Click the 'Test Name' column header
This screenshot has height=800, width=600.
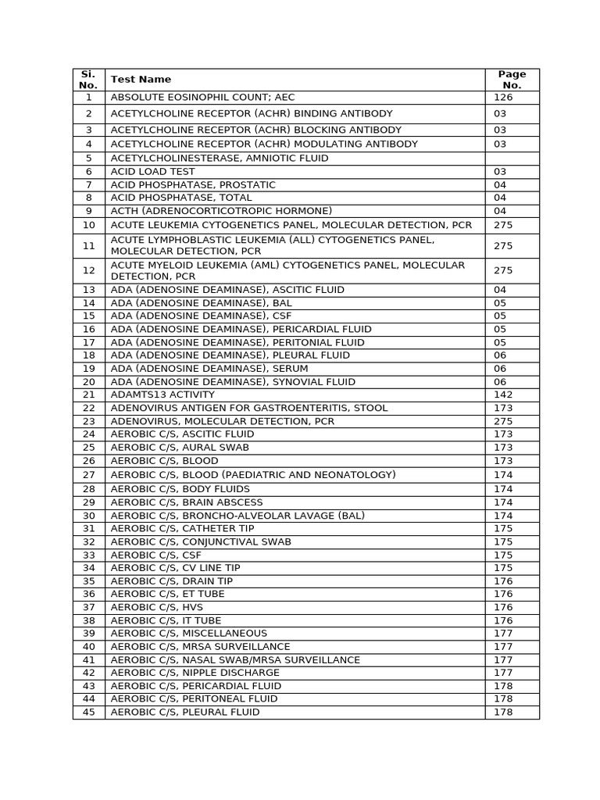click(141, 79)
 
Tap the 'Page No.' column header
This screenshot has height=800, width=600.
click(512, 79)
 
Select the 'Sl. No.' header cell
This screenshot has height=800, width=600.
click(88, 79)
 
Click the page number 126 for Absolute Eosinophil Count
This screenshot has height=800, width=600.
click(503, 98)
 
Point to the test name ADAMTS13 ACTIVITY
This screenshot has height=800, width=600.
click(162, 395)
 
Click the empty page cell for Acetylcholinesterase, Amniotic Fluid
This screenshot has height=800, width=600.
click(512, 158)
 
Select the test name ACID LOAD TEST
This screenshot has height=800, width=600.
click(153, 171)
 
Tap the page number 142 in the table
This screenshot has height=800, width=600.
click(503, 395)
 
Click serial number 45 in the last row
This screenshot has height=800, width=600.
click(88, 712)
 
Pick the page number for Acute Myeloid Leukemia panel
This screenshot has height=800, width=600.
click(503, 270)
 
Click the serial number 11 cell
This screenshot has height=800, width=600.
click(88, 245)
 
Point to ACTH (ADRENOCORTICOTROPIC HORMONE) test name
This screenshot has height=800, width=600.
click(221, 211)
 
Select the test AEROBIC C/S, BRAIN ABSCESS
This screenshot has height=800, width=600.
click(187, 502)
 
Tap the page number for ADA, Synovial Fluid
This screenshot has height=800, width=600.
click(500, 381)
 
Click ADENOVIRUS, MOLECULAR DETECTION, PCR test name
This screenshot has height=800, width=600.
click(223, 421)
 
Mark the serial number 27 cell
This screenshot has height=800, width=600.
click(88, 475)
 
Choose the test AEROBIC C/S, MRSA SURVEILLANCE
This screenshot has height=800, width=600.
click(200, 646)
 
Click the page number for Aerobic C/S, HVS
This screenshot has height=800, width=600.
click(503, 607)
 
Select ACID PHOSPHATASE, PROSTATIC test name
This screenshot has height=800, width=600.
click(193, 184)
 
